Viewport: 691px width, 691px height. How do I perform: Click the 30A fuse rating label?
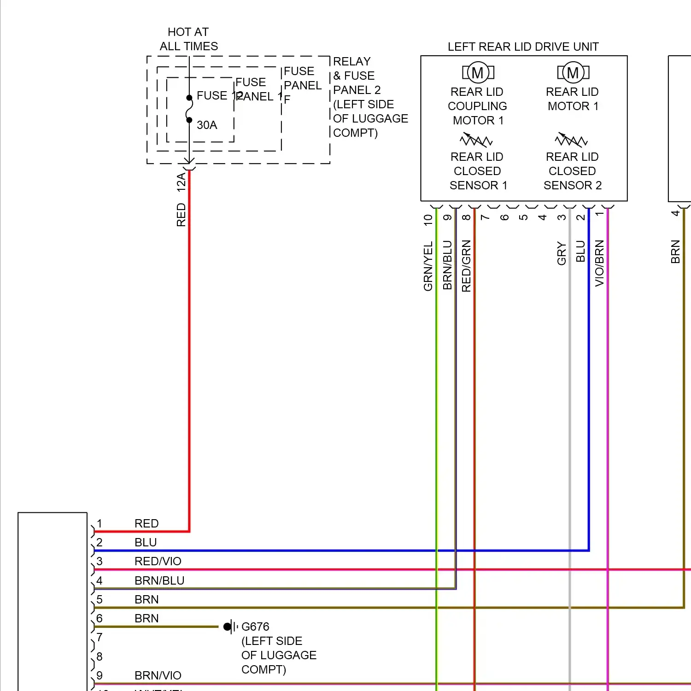pyautogui.click(x=207, y=125)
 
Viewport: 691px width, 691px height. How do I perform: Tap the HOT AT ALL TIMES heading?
pyautogui.click(x=188, y=39)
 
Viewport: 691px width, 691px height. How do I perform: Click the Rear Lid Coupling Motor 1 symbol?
pyautogui.click(x=478, y=72)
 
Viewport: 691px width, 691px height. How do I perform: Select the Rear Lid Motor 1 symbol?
pyautogui.click(x=573, y=72)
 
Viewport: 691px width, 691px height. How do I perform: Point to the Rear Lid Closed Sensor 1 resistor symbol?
pyautogui.click(x=476, y=140)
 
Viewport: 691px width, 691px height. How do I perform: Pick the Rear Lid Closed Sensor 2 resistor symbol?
pyautogui.click(x=571, y=140)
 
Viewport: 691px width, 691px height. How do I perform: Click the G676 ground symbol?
pyautogui.click(x=230, y=627)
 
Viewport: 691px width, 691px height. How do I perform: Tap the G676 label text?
pyautogui.click(x=255, y=627)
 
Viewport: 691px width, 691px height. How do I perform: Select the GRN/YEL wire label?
pyautogui.click(x=428, y=266)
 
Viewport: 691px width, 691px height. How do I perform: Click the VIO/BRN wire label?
pyautogui.click(x=599, y=263)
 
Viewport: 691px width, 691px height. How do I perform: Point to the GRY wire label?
pyautogui.click(x=562, y=253)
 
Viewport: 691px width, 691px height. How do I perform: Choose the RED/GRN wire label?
pyautogui.click(x=466, y=266)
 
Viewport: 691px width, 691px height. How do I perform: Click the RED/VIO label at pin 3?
pyautogui.click(x=158, y=561)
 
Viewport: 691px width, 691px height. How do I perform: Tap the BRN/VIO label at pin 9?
pyautogui.click(x=158, y=675)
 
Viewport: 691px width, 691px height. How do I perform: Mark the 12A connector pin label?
pyautogui.click(x=181, y=182)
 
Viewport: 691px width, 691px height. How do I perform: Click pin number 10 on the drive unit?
pyautogui.click(x=428, y=220)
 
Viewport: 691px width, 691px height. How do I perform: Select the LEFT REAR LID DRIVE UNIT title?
pyautogui.click(x=523, y=47)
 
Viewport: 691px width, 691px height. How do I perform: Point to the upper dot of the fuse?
pyautogui.click(x=189, y=98)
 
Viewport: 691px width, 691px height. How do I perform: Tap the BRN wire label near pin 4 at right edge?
pyautogui.click(x=675, y=252)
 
